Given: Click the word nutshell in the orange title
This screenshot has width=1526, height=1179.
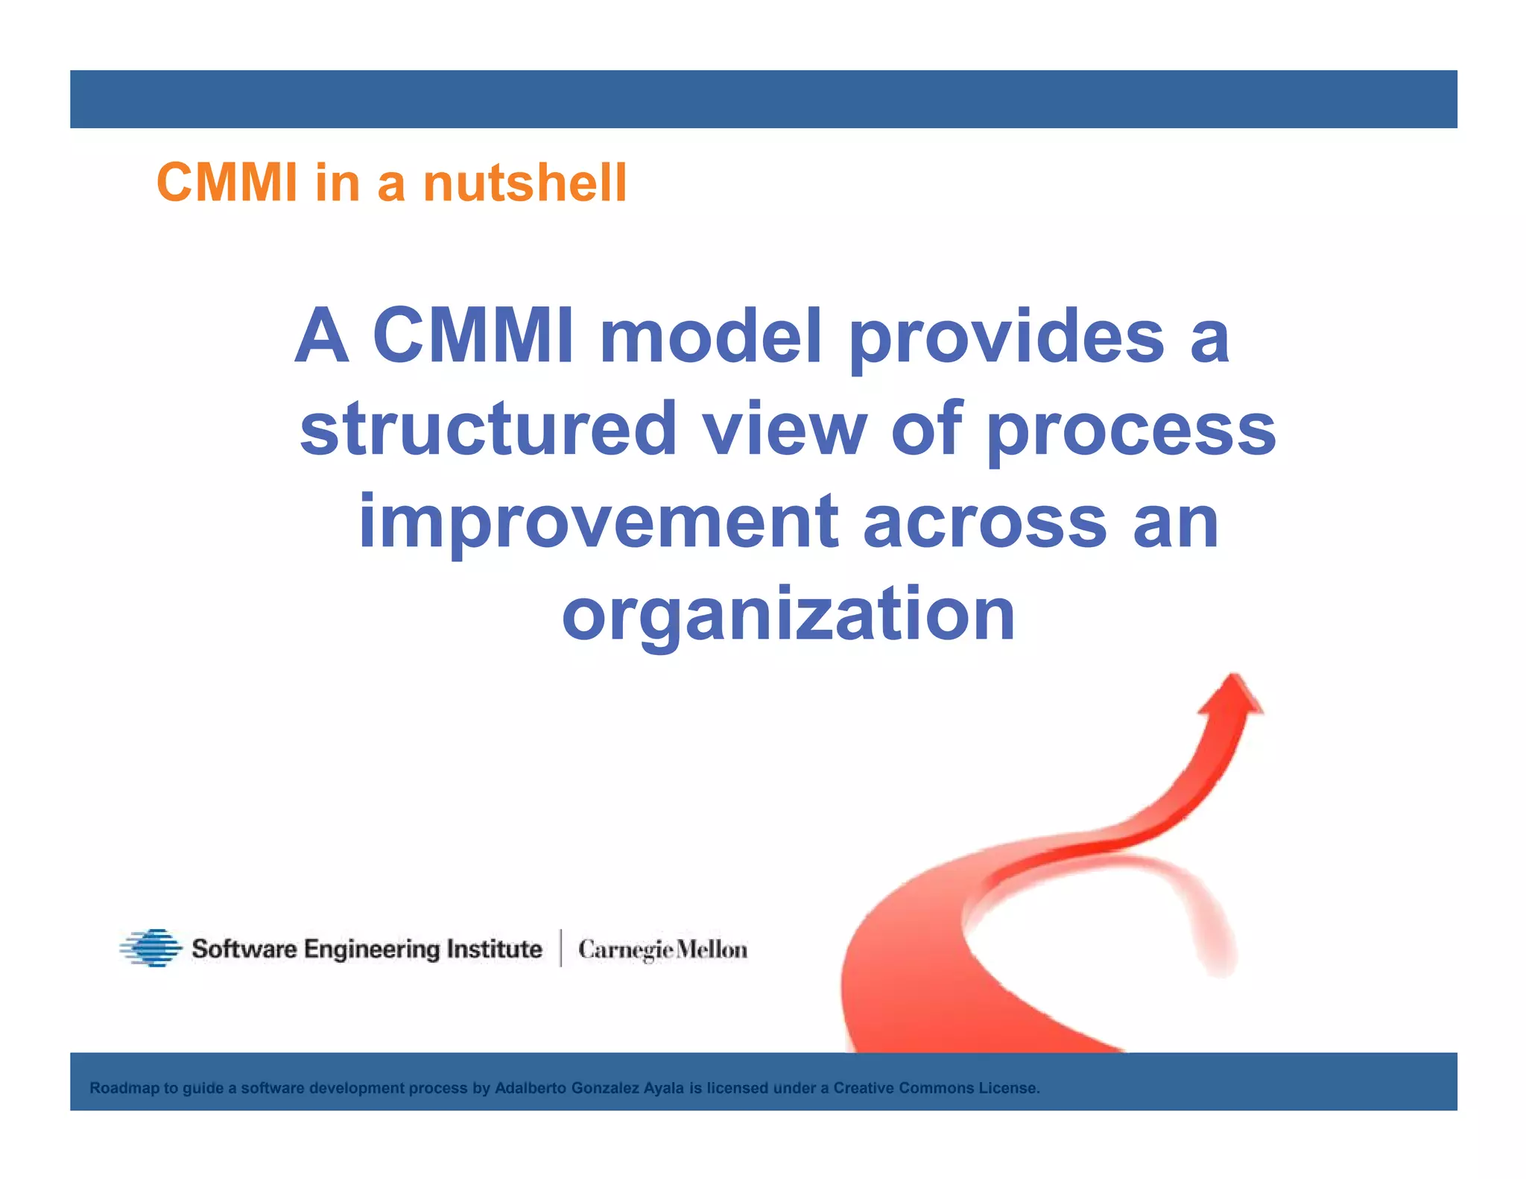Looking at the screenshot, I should click(x=525, y=183).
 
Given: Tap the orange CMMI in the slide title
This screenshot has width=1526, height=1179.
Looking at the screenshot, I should click(x=227, y=183).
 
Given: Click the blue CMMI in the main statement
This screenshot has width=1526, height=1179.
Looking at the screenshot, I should click(x=473, y=337).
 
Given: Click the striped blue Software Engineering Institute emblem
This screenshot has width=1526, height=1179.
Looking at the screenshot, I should click(x=151, y=948).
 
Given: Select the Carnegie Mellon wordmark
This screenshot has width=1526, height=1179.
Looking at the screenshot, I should click(x=662, y=949).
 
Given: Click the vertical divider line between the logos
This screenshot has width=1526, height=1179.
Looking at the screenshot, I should click(x=560, y=948).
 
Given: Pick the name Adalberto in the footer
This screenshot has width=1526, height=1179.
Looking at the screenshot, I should click(x=531, y=1088).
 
